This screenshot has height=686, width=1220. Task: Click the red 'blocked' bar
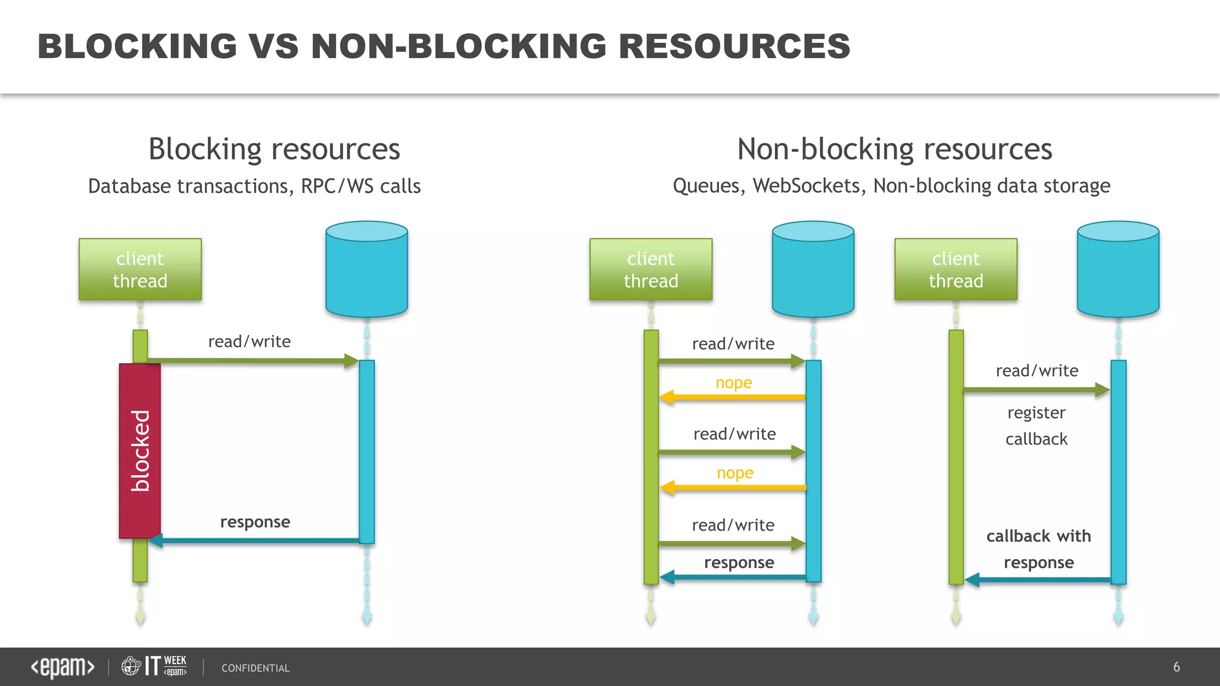coord(140,451)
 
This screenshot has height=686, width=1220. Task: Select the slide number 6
coord(1176,667)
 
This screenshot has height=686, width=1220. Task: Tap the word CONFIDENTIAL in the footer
coord(256,668)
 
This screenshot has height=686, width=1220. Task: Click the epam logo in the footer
coord(63,667)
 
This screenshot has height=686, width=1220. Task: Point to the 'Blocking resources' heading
coord(274,149)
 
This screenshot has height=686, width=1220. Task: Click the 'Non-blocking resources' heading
coord(894,149)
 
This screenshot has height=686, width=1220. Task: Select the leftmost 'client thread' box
coord(140,269)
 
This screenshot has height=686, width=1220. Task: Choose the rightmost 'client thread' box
coord(956,269)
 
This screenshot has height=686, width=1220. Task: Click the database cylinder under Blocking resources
coord(366,269)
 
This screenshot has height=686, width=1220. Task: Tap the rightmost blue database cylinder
coord(1118,269)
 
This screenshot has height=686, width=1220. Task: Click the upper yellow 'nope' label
coord(733,382)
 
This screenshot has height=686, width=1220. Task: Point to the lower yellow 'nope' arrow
coord(733,488)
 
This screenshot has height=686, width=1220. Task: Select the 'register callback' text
coord(1037,426)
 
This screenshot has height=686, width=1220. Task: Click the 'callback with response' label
coord(1038,549)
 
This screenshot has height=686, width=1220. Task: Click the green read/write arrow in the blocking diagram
coord(250,360)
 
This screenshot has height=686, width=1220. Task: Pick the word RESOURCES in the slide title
coord(734,46)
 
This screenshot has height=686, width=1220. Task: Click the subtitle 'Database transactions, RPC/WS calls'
coord(254,186)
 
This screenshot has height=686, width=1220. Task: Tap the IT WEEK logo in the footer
coord(154,666)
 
